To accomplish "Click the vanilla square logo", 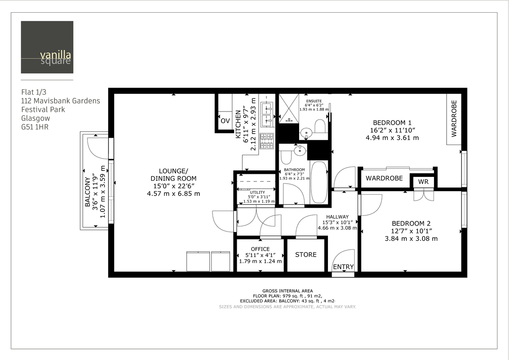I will point(47,47).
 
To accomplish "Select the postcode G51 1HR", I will point(35,127).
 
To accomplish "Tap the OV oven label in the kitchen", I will point(225,121).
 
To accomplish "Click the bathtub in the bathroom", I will point(319,182).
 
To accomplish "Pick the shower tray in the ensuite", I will point(289,108).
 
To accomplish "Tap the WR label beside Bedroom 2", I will point(423,182).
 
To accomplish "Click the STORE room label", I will point(306,254).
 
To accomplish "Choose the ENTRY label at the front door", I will point(343,267).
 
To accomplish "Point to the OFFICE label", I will point(260,249).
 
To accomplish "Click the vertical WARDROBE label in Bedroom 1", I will point(454,118).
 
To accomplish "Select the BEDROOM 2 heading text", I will point(411,223).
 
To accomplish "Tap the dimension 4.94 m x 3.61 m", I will point(392,138).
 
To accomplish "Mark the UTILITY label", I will point(257,193).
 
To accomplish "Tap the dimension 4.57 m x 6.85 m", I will point(173,194).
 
